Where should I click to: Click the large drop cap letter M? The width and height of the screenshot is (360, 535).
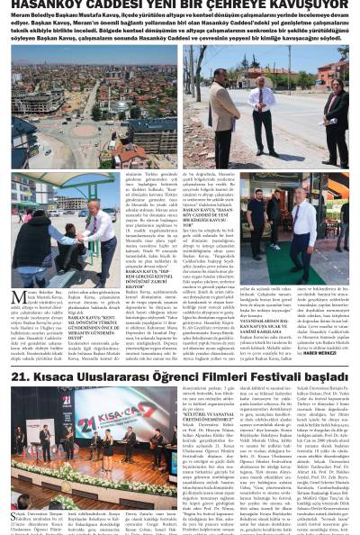(x=12, y=298)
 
